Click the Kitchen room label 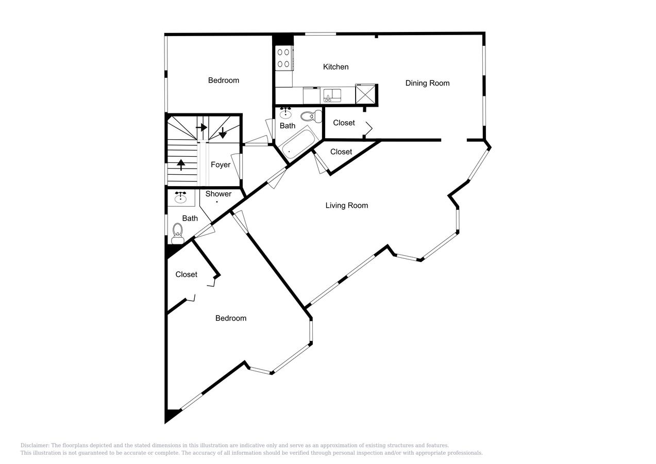pyautogui.click(x=335, y=67)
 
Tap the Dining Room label pyautogui.click(x=427, y=83)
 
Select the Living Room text pyautogui.click(x=346, y=206)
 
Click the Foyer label pyautogui.click(x=220, y=165)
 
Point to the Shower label pyautogui.click(x=218, y=194)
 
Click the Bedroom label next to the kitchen pyautogui.click(x=223, y=80)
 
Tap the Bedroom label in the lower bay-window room pyautogui.click(x=230, y=319)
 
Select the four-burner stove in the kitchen pyautogui.click(x=283, y=58)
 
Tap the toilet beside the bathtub pyautogui.click(x=311, y=117)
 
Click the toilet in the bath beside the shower pyautogui.click(x=178, y=233)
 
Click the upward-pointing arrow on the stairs pyautogui.click(x=181, y=164)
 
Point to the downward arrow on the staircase pyautogui.click(x=223, y=132)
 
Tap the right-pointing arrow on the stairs pyautogui.click(x=202, y=127)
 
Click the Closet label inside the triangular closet pyautogui.click(x=341, y=152)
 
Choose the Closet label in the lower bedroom pyautogui.click(x=186, y=275)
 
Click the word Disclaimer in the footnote pyautogui.click(x=35, y=445)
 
